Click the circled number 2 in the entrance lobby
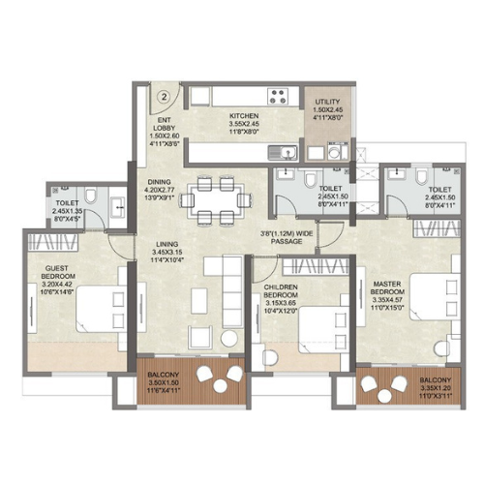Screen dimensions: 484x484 pyautogui.click(x=166, y=96)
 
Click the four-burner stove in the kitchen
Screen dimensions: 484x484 pyautogui.click(x=278, y=96)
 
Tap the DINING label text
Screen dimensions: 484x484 pyautogui.click(x=161, y=181)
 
